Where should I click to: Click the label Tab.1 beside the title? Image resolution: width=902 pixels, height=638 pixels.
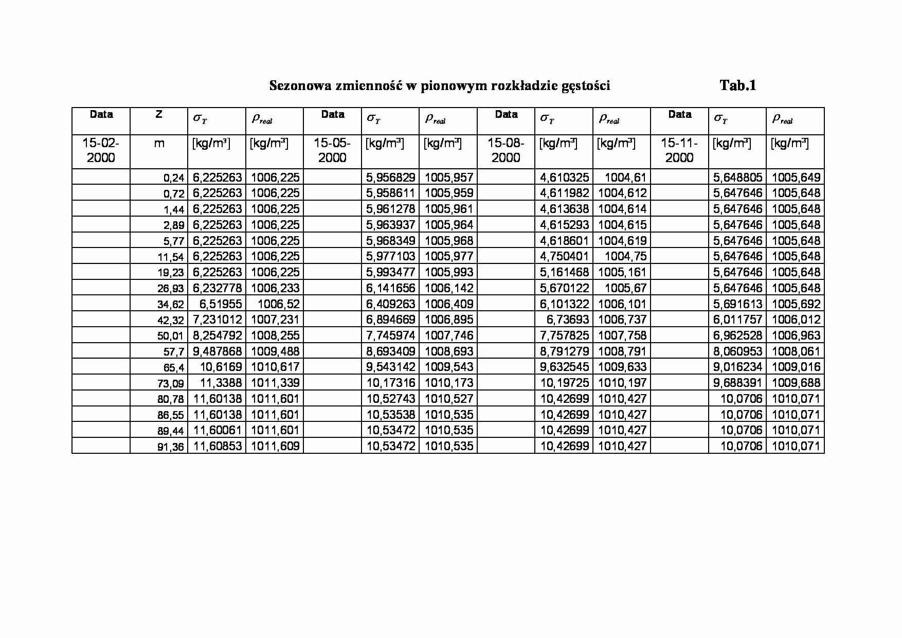point(737,85)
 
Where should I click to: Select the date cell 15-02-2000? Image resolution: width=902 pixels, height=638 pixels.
point(101,150)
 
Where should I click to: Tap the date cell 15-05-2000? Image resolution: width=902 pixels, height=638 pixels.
point(332,150)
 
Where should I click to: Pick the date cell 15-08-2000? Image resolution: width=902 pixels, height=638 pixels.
point(506,150)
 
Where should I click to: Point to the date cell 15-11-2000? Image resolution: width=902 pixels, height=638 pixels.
point(679,150)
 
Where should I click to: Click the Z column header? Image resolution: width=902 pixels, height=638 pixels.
point(159,114)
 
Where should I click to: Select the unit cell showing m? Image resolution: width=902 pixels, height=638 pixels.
point(159,144)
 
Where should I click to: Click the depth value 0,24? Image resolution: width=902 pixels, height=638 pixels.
point(174,178)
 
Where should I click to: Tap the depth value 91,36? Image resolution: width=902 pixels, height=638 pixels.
point(171,447)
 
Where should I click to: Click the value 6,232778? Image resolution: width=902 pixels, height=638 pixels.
point(217,288)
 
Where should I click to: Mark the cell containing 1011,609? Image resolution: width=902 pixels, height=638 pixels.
point(275,446)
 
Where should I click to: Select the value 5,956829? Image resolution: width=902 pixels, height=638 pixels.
point(390,178)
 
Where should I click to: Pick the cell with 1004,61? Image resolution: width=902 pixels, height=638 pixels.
point(625,178)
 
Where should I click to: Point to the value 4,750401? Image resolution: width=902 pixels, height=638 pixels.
point(564,256)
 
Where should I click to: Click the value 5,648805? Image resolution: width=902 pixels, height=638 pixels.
point(737,178)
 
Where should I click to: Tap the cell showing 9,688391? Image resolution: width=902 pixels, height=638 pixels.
point(737,383)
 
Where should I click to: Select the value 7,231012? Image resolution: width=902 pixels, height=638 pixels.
point(217,320)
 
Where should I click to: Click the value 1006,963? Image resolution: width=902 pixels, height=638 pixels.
point(796,335)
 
